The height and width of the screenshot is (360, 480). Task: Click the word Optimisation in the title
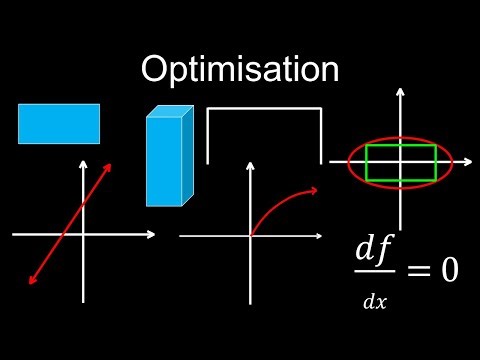pos(240,69)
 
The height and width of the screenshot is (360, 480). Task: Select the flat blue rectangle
pos(59,123)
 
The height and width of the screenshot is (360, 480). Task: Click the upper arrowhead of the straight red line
pos(108,166)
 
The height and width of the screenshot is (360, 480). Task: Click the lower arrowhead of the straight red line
pos(32,281)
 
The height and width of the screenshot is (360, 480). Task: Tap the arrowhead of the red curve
pos(314,190)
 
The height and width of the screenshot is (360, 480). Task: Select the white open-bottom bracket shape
pos(264,109)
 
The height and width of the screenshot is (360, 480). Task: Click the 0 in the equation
pos(448,269)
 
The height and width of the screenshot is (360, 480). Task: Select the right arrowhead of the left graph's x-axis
pos(152,234)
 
